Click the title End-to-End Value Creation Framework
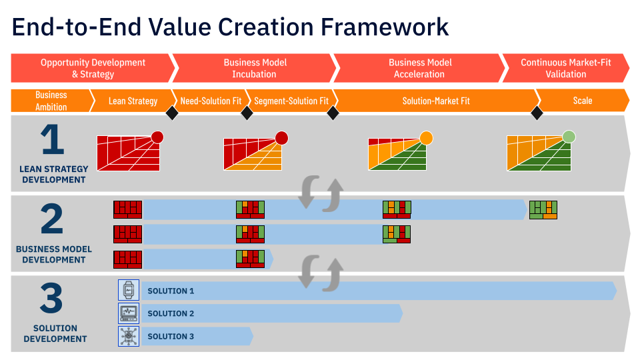coord(231,27)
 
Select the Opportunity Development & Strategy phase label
coord(93,68)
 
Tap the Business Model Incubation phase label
coord(255,68)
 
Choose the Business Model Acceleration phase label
coord(420,68)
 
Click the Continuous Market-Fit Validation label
coord(565,68)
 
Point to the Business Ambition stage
coord(51,101)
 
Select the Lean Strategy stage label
coord(133,101)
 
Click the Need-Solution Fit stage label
coord(211,101)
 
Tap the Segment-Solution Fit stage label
coord(291,101)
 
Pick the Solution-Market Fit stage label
coord(436,101)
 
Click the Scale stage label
coord(583,101)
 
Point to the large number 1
coord(52,140)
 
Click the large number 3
coord(51,299)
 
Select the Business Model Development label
coord(54,254)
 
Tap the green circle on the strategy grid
coord(569,137)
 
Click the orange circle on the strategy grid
coord(427,138)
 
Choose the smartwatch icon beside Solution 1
coord(129,290)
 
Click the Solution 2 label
coord(171,313)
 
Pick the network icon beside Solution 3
coord(129,336)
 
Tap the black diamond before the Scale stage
coord(537,113)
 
